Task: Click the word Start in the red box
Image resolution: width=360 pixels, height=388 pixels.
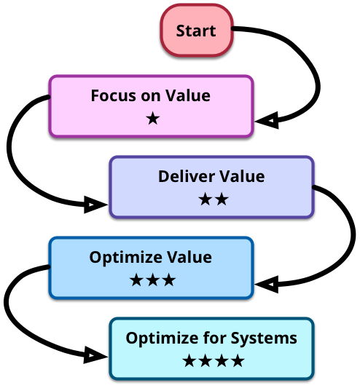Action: [x=196, y=31]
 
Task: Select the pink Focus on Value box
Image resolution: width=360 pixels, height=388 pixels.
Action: [x=151, y=106]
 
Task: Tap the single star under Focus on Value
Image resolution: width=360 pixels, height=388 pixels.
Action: [x=152, y=118]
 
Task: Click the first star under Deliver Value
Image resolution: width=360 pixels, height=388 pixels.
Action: [x=206, y=199]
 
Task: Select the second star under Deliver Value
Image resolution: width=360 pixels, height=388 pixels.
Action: [x=222, y=199]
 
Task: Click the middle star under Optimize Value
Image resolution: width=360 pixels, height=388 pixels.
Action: [x=152, y=280]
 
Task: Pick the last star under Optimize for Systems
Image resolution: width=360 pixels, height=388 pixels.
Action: [x=238, y=360]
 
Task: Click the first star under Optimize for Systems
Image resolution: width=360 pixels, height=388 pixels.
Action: [x=189, y=360]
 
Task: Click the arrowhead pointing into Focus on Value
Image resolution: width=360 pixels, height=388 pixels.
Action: [x=267, y=121]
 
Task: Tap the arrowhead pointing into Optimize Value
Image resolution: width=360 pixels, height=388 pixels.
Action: [x=267, y=285]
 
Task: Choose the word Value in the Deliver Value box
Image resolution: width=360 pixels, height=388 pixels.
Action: [x=243, y=176]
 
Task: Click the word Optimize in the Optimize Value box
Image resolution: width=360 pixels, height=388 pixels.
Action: [x=126, y=258]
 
